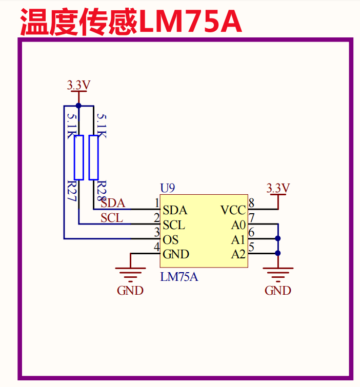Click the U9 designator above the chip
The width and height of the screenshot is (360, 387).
click(x=168, y=188)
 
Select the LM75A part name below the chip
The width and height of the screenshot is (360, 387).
click(x=179, y=277)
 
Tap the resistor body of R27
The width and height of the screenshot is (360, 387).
click(x=78, y=157)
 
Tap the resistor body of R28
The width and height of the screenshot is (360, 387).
click(x=93, y=157)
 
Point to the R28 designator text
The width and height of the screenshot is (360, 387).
click(x=101, y=191)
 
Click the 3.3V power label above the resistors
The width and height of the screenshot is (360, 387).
click(x=78, y=85)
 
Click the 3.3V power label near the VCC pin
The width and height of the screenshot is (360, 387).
click(x=278, y=188)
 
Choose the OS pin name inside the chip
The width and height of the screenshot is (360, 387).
click(x=170, y=239)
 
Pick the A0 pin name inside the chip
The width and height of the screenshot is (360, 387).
click(x=238, y=225)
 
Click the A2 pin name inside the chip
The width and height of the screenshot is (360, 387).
click(x=238, y=254)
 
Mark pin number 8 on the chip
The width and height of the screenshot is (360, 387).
click(x=251, y=203)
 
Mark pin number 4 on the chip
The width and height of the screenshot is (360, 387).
click(x=157, y=248)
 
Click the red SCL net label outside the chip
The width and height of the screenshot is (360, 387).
click(x=112, y=218)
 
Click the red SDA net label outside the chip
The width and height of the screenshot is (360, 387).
click(x=113, y=203)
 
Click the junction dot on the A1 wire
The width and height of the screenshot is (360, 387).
click(x=278, y=238)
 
